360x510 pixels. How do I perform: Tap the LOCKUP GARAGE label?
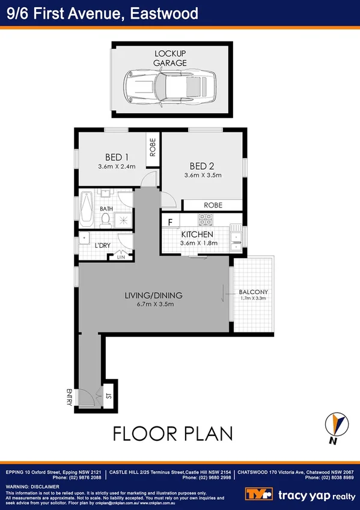click(x=169, y=58)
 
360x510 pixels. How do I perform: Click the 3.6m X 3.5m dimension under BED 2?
click(x=203, y=176)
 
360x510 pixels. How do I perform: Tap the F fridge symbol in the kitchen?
click(x=170, y=221)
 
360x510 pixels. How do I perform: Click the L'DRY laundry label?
click(x=103, y=245)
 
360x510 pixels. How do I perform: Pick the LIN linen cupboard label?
click(x=121, y=257)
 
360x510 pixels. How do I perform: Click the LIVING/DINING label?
click(x=153, y=295)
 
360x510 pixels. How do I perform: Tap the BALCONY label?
click(x=253, y=292)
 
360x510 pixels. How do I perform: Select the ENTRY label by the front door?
click(x=70, y=398)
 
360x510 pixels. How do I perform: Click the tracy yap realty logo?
click(x=301, y=494)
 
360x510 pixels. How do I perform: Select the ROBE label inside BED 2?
click(x=213, y=205)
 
